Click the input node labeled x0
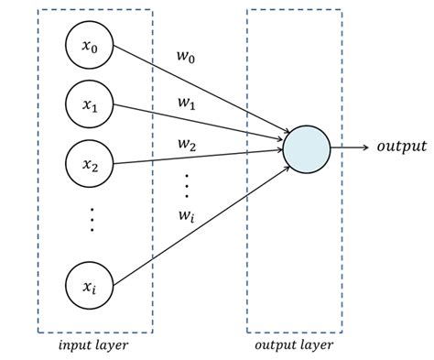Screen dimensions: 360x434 tap(90, 46)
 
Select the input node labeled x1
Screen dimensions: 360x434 tap(90, 105)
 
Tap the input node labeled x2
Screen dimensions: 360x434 tap(90, 165)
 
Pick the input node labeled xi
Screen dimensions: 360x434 tap(90, 287)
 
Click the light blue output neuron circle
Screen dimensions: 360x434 tap(305, 147)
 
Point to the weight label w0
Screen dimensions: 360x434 tap(185, 58)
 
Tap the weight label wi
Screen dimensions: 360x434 tap(186, 216)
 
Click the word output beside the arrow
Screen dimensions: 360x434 tap(402, 147)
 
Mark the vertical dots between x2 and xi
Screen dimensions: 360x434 tap(91, 220)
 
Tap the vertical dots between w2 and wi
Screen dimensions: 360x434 tap(186, 184)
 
